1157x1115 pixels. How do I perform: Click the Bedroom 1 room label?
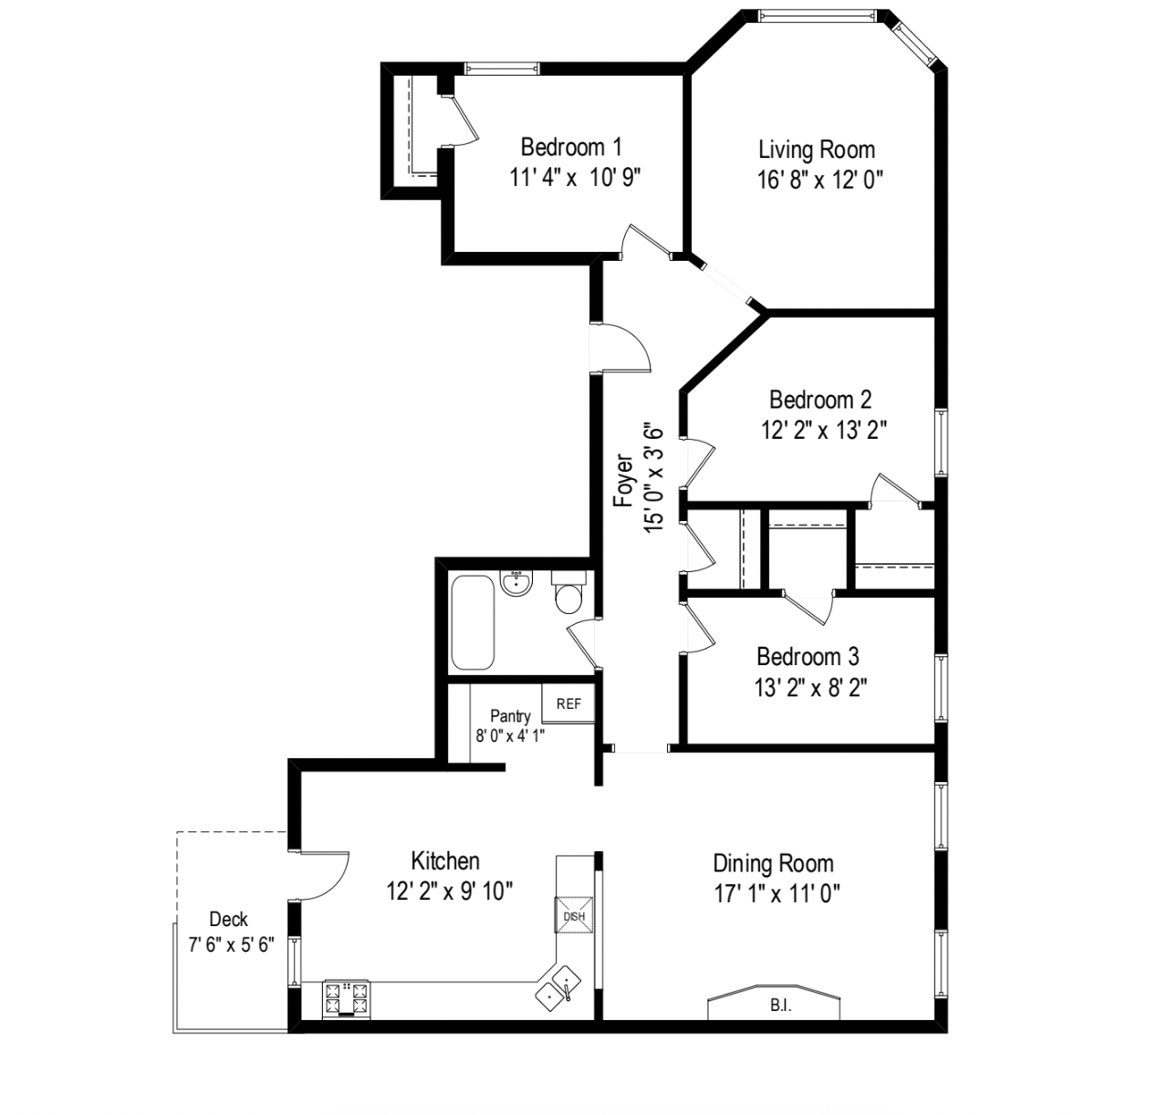pos(571,147)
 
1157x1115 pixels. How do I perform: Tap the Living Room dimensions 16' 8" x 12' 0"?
pos(819,180)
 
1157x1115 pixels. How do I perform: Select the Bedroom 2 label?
pos(819,400)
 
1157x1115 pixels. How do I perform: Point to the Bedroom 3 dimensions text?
pos(810,687)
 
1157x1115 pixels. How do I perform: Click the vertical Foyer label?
pos(622,480)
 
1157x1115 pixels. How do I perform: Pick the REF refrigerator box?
pos(568,703)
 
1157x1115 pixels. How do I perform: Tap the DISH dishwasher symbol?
pos(574,916)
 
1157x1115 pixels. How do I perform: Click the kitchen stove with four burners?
pos(347,998)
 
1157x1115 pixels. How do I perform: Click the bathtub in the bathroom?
pos(473,622)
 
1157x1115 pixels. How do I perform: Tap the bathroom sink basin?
pos(516,584)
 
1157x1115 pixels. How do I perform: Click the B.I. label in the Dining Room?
pos(780,1006)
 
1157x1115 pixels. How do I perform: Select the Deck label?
pos(228,919)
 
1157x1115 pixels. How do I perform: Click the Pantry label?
pos(510,716)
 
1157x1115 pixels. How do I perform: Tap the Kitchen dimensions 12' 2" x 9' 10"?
pos(450,891)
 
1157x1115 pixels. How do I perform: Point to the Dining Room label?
pos(773,863)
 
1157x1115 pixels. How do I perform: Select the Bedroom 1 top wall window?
pos(501,68)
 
